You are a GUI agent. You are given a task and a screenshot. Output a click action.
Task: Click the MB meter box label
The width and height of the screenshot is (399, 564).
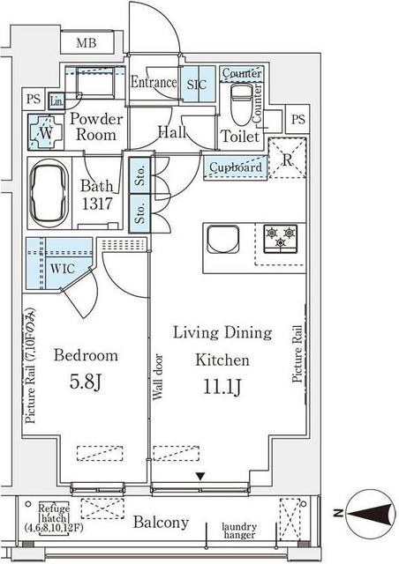click(87, 43)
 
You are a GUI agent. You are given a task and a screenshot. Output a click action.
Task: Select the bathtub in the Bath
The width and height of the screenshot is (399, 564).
click(49, 193)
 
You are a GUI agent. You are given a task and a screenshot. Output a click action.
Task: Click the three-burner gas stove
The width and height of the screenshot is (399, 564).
click(281, 238)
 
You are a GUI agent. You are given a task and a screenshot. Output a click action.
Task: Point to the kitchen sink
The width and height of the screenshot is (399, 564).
click(222, 239)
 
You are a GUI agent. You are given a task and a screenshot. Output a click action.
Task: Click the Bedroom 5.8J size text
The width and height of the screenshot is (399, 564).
click(86, 382)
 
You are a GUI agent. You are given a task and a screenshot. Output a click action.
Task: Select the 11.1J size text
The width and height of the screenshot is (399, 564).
click(222, 387)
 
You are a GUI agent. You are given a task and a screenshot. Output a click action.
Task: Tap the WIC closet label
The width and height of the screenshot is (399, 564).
click(63, 269)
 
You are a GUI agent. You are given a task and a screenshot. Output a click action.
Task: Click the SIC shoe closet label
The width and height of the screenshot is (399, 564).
click(197, 85)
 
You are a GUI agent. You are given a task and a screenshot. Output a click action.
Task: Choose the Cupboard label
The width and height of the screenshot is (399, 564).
click(236, 167)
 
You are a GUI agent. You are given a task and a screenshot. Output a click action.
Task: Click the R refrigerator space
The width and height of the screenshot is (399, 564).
click(288, 159)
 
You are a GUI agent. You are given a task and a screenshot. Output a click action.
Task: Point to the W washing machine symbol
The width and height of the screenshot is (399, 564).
click(45, 132)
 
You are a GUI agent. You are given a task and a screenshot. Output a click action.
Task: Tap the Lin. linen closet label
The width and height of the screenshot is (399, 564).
click(56, 101)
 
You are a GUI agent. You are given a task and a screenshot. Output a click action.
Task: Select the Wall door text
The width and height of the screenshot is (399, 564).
click(157, 377)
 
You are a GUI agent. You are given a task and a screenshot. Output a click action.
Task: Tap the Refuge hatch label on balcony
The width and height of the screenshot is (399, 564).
click(54, 518)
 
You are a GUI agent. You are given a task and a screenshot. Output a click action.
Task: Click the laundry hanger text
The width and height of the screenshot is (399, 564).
click(239, 531)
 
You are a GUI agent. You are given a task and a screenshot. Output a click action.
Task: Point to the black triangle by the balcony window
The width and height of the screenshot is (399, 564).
click(200, 476)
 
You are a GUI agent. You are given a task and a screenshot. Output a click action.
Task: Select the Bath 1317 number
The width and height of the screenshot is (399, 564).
click(97, 204)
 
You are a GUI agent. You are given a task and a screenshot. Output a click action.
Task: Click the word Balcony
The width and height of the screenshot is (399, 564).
click(161, 523)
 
